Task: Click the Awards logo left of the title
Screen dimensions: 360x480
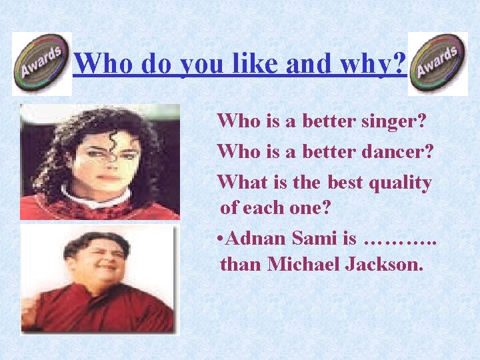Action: (x=41, y=63)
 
